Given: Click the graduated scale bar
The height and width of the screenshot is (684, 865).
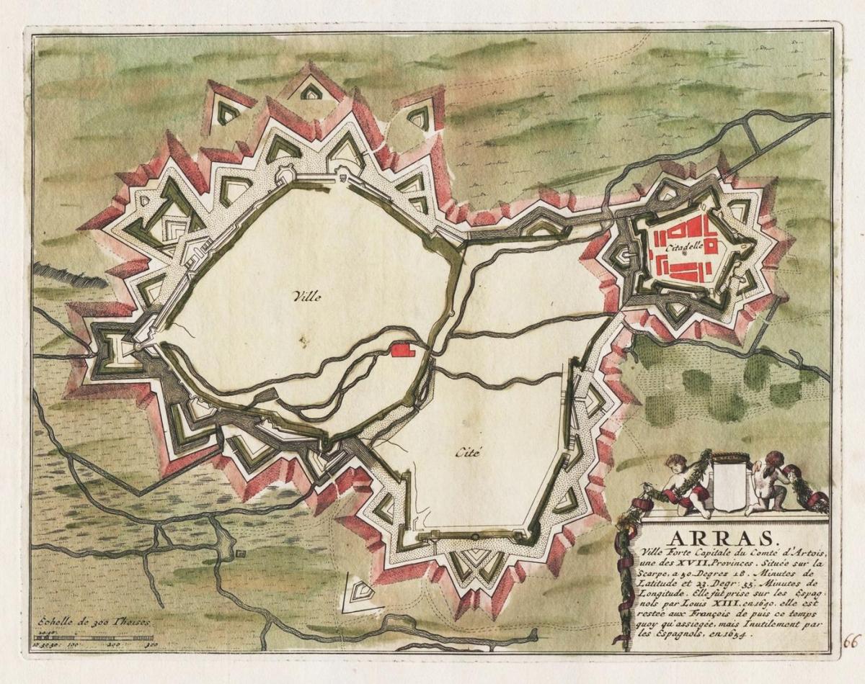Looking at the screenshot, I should click(94, 637).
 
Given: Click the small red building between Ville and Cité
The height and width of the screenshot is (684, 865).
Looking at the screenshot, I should click(402, 350).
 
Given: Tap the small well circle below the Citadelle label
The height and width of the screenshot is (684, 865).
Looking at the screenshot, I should click(683, 254).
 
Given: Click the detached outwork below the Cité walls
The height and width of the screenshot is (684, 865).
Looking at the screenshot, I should click(358, 593).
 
